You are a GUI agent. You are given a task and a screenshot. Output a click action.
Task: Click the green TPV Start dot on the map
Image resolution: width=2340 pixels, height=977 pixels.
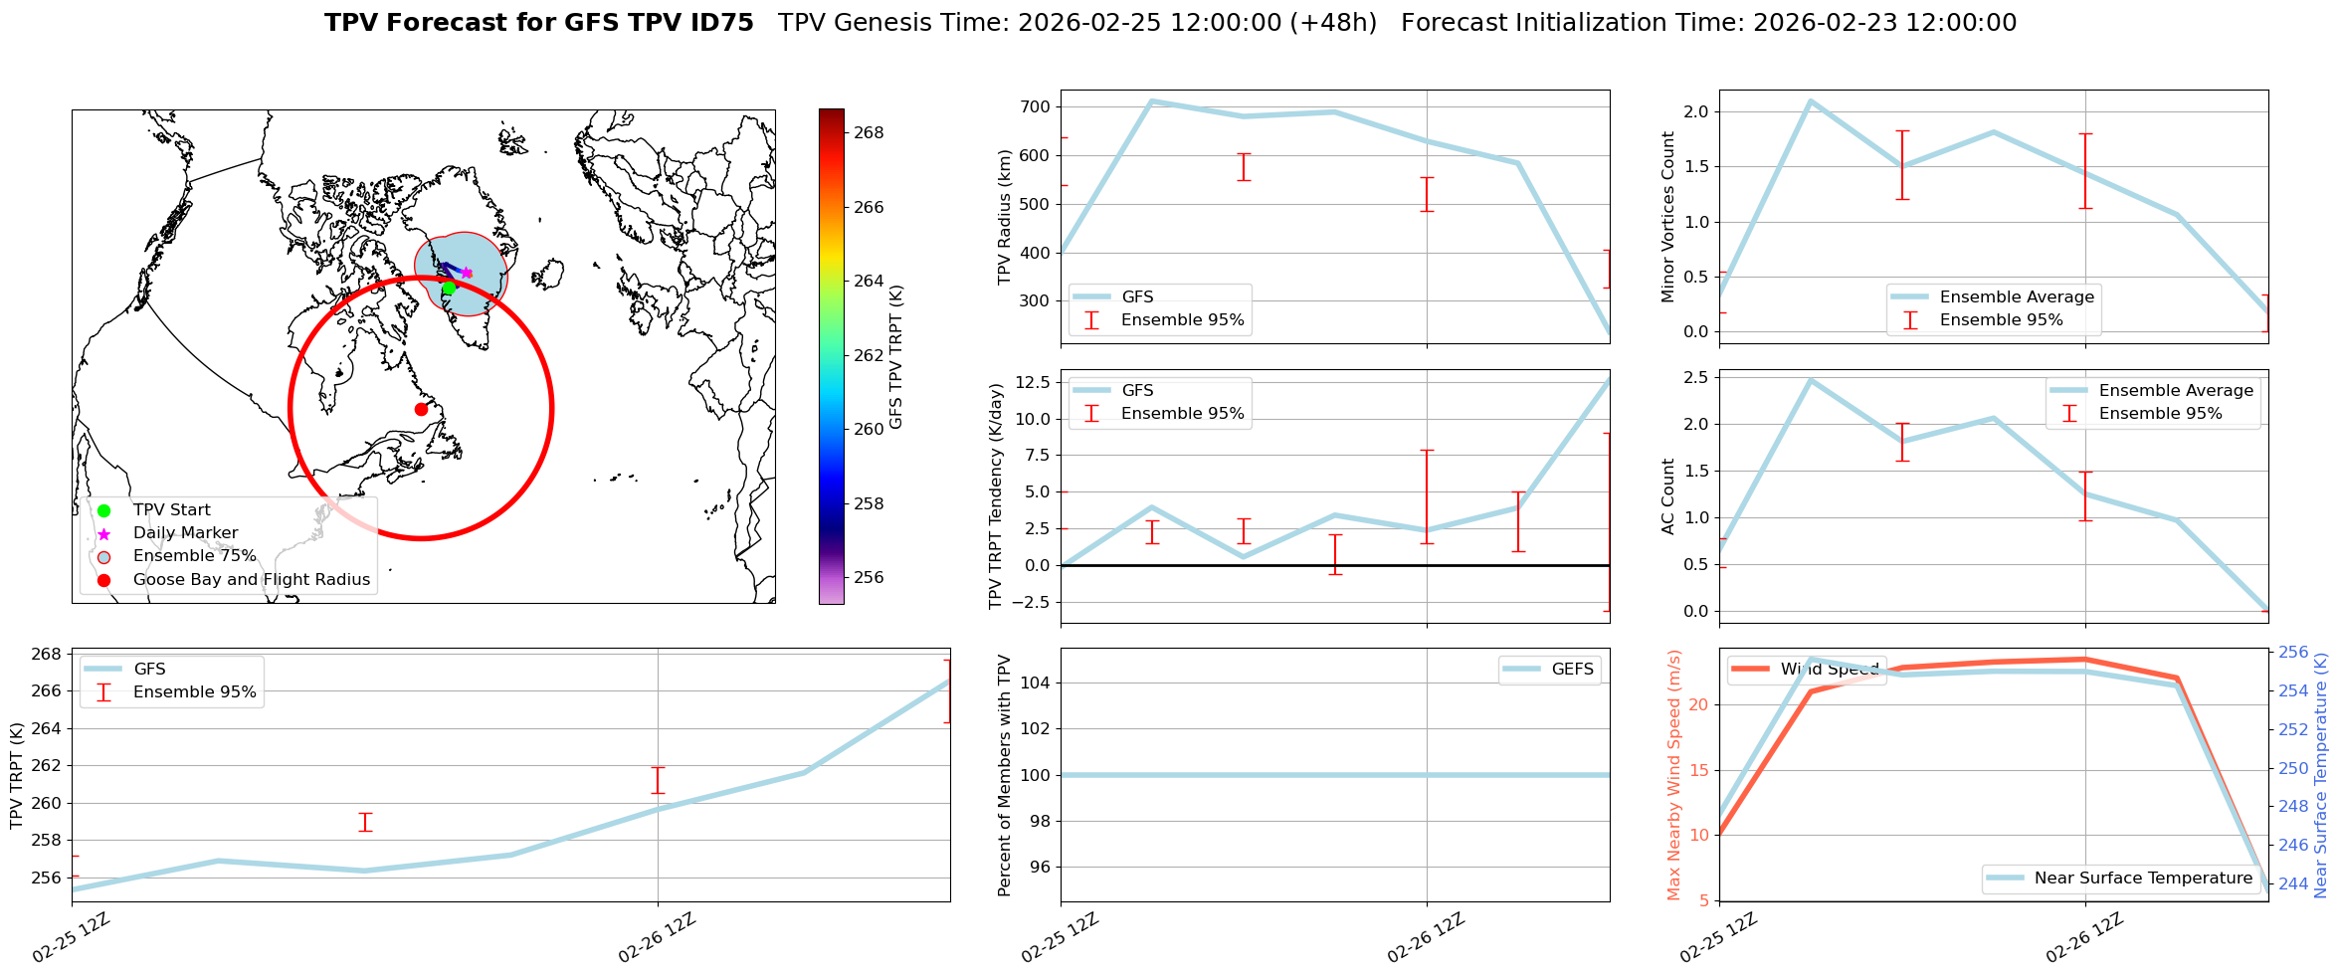click(x=449, y=288)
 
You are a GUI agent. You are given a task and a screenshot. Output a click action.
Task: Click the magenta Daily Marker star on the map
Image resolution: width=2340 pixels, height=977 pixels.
click(x=467, y=273)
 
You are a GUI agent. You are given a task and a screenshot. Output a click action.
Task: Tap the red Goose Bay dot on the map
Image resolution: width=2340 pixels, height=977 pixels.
click(x=421, y=409)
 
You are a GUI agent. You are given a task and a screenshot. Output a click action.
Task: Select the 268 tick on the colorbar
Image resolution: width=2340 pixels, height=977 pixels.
click(x=869, y=132)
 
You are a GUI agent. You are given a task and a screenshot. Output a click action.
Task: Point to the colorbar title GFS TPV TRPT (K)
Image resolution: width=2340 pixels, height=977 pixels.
click(x=896, y=357)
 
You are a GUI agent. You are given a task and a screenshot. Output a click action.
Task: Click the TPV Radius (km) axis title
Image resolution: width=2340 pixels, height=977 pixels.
click(x=1005, y=217)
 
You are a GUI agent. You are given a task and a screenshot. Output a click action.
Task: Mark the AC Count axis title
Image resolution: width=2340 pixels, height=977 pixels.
click(x=1668, y=496)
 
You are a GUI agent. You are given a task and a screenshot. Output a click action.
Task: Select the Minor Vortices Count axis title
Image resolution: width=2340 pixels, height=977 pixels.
click(x=1668, y=217)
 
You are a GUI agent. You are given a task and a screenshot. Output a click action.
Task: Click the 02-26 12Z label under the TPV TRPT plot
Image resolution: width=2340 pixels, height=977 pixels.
click(x=657, y=937)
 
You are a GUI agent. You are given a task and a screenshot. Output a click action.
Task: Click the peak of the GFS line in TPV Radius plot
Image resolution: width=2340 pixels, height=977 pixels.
click(x=1151, y=100)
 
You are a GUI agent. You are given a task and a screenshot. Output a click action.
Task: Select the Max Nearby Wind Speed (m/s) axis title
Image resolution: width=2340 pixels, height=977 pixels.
click(x=1674, y=775)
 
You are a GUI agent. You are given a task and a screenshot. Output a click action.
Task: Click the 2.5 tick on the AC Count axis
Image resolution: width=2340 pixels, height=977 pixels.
click(x=1695, y=377)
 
